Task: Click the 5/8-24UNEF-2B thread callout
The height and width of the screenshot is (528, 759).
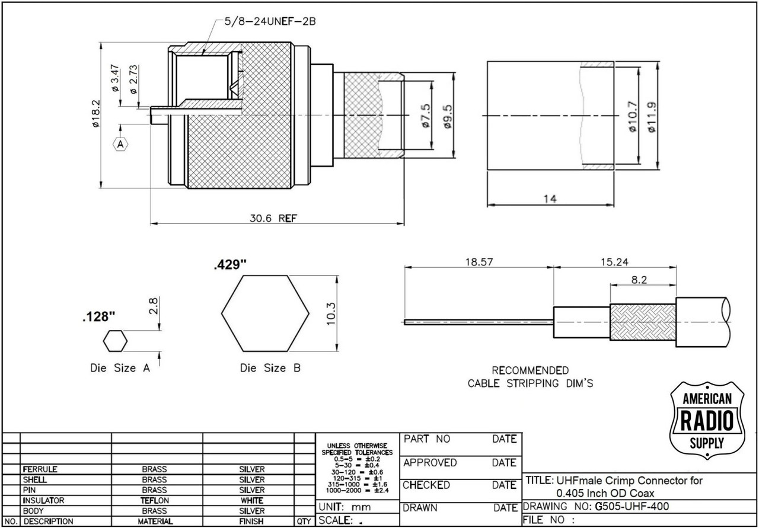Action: point(270,22)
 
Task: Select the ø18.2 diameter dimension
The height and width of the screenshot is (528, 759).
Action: point(96,113)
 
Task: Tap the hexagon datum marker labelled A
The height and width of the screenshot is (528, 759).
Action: point(120,144)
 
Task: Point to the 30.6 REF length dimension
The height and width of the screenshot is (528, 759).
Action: point(273,218)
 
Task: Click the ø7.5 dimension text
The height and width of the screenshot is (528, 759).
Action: point(426,116)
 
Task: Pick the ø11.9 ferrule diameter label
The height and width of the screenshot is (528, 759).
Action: point(652,117)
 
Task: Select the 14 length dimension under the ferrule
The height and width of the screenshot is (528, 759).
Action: point(550,199)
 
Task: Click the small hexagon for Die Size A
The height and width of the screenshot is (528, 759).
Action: point(115,341)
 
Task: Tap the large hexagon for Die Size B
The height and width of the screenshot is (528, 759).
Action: point(265,313)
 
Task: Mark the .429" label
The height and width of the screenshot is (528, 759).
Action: point(231,264)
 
